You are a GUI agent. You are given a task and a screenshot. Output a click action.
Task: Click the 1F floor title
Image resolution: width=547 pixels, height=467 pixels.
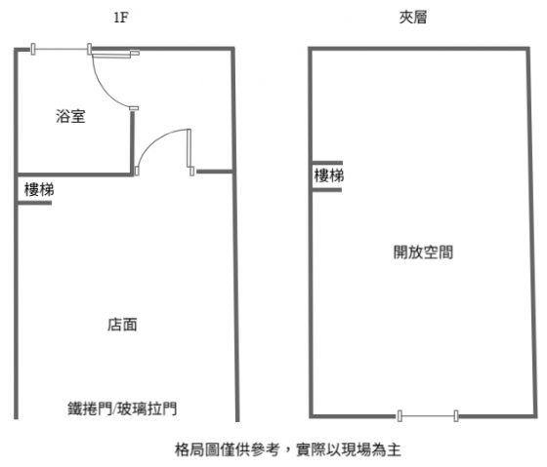click(121, 18)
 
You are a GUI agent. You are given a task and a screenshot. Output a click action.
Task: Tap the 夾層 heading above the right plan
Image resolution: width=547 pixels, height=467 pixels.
click(413, 18)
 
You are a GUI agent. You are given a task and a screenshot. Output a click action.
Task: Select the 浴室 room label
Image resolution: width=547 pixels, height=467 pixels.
click(70, 116)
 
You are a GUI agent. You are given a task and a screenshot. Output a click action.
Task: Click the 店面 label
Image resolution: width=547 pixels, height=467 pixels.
click(122, 325)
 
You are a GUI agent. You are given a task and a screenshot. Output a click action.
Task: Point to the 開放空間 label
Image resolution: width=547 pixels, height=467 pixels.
click(423, 253)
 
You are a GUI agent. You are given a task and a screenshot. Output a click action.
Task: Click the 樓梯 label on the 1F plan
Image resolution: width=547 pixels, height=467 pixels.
click(39, 190)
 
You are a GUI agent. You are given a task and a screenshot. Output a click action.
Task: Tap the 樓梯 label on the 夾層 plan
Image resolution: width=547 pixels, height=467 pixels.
click(328, 175)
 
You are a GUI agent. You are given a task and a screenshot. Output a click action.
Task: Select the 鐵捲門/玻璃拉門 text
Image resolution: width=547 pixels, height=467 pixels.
click(122, 409)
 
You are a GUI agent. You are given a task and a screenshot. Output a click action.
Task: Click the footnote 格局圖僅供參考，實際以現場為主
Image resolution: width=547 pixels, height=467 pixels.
click(288, 449)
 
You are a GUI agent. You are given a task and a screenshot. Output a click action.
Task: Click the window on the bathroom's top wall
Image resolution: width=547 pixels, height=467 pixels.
click(61, 49)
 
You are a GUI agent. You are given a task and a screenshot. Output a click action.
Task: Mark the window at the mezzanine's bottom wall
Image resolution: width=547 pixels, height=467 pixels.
click(428, 415)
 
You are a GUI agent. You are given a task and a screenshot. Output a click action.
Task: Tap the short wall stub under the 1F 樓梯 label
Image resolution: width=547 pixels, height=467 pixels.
click(34, 203)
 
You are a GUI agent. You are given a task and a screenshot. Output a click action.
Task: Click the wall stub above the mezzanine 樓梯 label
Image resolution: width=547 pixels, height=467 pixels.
click(327, 163)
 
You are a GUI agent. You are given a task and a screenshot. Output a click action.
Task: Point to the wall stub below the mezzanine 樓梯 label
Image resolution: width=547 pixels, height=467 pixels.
click(327, 190)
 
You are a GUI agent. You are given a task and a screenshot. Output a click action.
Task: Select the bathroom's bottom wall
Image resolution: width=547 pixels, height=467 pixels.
click(74, 174)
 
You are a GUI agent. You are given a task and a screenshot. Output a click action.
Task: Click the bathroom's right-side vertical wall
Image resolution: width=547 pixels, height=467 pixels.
click(132, 142)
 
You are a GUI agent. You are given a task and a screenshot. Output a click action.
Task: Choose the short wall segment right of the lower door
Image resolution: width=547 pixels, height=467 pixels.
click(214, 172)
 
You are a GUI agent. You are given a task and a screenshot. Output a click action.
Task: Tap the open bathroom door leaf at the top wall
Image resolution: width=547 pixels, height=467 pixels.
click(115, 54)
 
